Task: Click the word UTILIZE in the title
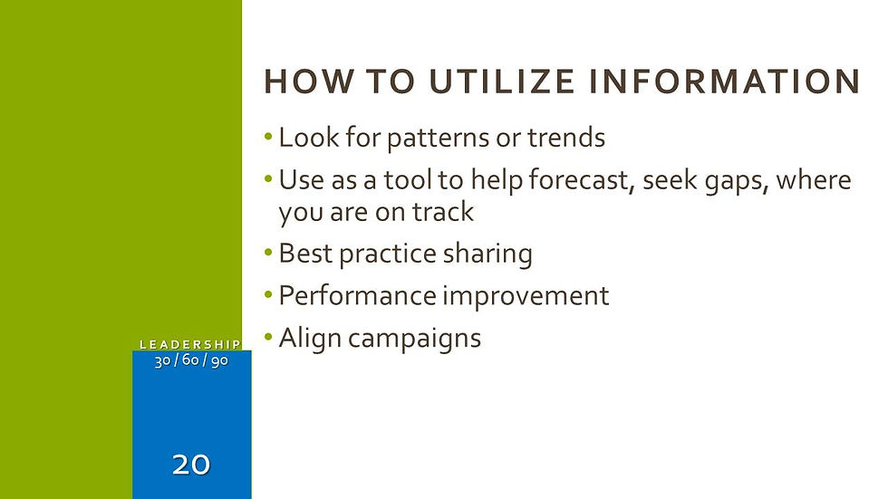click(502, 81)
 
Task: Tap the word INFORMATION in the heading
click(725, 81)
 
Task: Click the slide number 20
click(191, 465)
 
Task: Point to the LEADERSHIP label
click(190, 344)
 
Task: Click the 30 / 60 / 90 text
click(191, 360)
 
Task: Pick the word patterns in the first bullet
click(438, 139)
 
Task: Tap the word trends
click(566, 138)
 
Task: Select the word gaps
click(736, 182)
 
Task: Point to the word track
click(442, 212)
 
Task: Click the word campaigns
click(414, 340)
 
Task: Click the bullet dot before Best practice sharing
click(268, 252)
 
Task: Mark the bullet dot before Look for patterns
click(268, 137)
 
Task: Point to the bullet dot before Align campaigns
click(268, 337)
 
